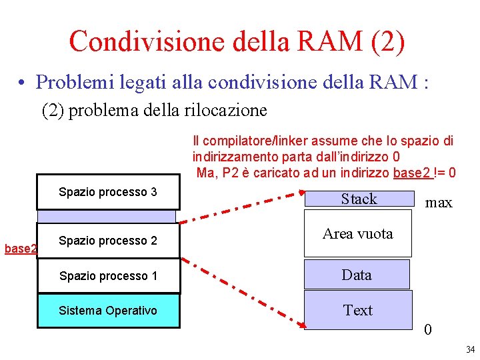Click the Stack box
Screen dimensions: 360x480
[x=359, y=199]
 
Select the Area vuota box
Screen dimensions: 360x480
[x=357, y=234]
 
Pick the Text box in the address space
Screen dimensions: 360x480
[x=358, y=310]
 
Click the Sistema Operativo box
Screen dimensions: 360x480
[x=108, y=311]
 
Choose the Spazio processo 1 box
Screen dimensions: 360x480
[x=108, y=276]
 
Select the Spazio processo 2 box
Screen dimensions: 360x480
[x=108, y=241]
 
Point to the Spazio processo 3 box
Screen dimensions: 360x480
[x=108, y=192]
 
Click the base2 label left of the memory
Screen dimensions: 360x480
[x=19, y=249]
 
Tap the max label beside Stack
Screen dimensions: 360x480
[x=439, y=203]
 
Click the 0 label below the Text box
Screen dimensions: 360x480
[x=428, y=330]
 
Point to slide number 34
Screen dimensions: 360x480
[x=470, y=349]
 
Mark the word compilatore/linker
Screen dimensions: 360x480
[x=251, y=141]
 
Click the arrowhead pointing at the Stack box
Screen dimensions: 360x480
[x=301, y=194]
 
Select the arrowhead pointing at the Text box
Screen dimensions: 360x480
[x=301, y=325]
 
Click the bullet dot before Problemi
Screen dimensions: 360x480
[x=23, y=83]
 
